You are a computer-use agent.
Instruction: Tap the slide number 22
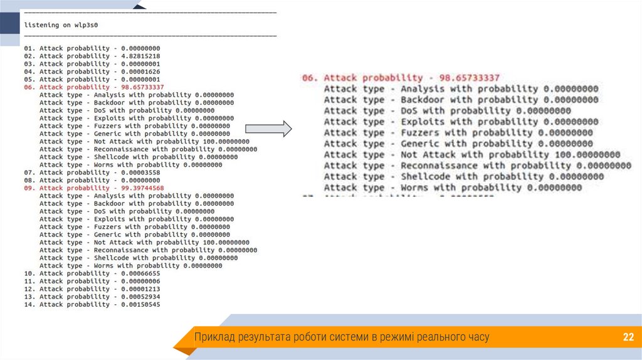(628, 337)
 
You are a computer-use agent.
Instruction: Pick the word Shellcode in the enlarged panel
(427, 177)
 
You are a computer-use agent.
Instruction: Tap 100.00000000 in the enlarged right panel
(581, 155)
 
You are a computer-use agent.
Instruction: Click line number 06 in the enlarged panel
(310, 78)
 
